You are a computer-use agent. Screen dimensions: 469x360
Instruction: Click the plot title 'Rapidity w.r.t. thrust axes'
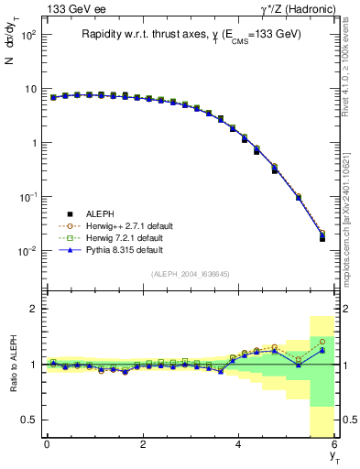coord(137,34)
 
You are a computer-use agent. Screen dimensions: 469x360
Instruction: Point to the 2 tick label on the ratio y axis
coord(32,309)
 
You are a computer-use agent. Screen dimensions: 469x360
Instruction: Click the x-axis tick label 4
coord(238,444)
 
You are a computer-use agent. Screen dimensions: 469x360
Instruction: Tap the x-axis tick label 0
coord(47,444)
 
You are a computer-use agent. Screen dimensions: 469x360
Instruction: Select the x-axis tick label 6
coord(334,444)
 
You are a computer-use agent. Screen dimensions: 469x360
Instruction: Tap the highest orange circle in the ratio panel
coord(322,342)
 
